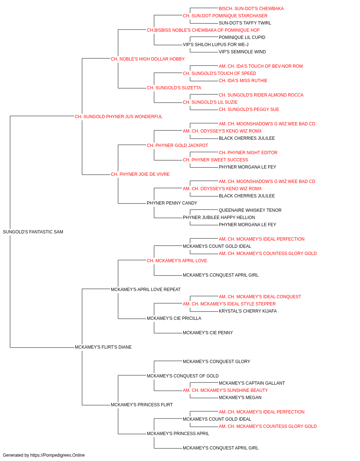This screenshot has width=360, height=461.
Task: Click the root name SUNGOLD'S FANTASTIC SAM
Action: pyautogui.click(x=33, y=232)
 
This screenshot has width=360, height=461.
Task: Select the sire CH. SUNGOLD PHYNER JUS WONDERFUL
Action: pyautogui.click(x=118, y=117)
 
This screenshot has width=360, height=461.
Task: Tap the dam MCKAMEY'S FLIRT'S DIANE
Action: pyautogui.click(x=103, y=347)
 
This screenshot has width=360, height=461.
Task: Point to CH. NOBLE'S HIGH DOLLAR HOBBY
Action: pyautogui.click(x=148, y=59)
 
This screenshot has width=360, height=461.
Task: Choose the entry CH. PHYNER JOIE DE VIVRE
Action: pyautogui.click(x=140, y=174)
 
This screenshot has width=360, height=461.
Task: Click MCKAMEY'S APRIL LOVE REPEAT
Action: pyautogui.click(x=145, y=290)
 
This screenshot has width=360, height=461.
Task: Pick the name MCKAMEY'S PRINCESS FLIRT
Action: pyautogui.click(x=141, y=405)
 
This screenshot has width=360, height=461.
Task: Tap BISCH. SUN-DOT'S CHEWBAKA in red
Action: pyautogui.click(x=251, y=9)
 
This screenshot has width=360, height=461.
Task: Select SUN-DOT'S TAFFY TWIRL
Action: pyautogui.click(x=245, y=23)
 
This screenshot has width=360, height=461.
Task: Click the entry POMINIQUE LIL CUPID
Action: pyautogui.click(x=242, y=37)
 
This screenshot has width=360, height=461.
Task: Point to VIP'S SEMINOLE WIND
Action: pyautogui.click(x=242, y=52)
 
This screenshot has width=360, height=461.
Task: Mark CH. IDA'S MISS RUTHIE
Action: pyautogui.click(x=243, y=81)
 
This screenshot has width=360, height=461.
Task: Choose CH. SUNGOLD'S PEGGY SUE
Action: pyautogui.click(x=249, y=109)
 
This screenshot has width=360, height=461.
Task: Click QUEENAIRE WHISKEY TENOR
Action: pyautogui.click(x=250, y=210)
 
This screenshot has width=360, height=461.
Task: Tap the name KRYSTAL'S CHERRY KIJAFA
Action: pyautogui.click(x=248, y=311)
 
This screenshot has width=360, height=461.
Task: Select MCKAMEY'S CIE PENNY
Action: pyautogui.click(x=208, y=333)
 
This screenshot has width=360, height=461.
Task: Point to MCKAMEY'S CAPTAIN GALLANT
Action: pyautogui.click(x=252, y=383)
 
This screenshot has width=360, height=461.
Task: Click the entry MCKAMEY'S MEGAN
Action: pyautogui.click(x=240, y=398)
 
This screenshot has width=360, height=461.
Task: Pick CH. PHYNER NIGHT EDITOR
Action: pyautogui.click(x=248, y=153)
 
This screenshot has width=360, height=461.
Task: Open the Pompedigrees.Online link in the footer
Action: pyautogui.click(x=57, y=455)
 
